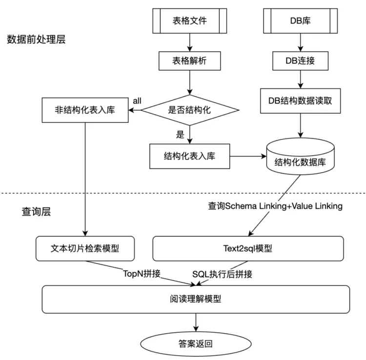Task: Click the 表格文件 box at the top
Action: [190, 21]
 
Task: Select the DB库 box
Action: [300, 21]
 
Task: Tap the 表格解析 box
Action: [190, 61]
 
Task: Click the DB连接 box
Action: [300, 61]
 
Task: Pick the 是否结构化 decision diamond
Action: [190, 110]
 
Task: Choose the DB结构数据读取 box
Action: [300, 101]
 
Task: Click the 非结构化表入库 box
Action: [85, 110]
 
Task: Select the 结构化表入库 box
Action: [190, 156]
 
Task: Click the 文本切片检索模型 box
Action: [85, 248]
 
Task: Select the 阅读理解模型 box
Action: [196, 299]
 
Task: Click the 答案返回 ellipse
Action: [196, 343]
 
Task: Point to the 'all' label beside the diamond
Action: [137, 100]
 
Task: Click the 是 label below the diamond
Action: [180, 134]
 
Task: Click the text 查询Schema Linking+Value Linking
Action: [275, 206]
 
